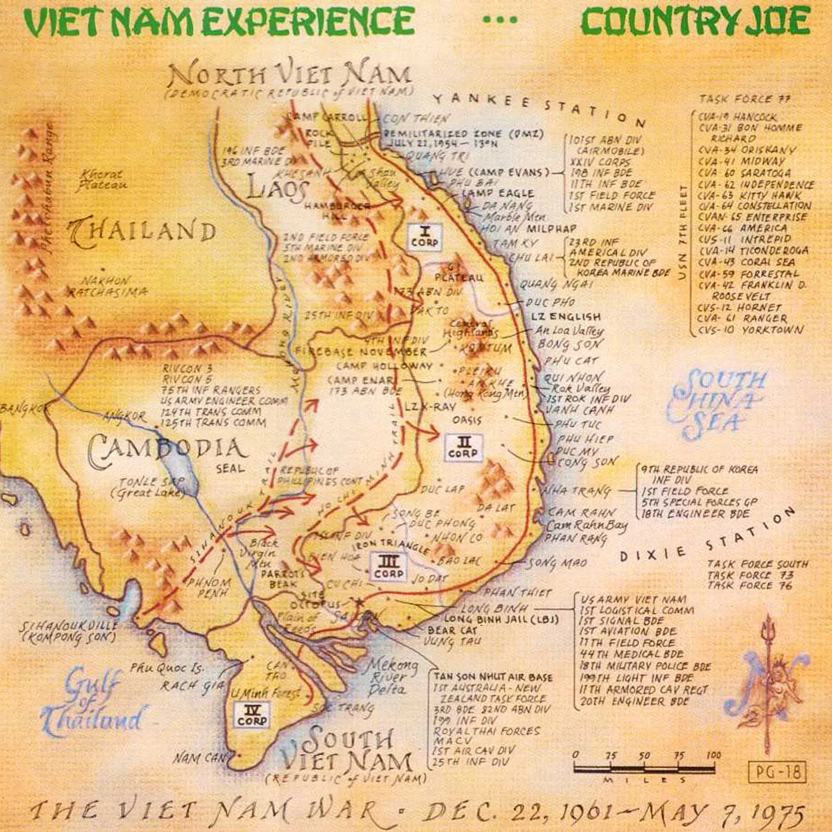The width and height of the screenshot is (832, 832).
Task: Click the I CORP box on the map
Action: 425,237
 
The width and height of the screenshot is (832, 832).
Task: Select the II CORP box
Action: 463,447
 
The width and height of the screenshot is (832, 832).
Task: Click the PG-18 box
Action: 778,772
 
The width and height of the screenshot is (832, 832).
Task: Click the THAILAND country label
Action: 143,232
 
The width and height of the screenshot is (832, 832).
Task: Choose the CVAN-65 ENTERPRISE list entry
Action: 752,218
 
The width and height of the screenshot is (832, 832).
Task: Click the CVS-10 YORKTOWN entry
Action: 751,330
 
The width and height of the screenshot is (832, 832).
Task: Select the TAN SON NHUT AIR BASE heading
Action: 493,677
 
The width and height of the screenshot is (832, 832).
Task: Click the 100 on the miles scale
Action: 714,755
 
